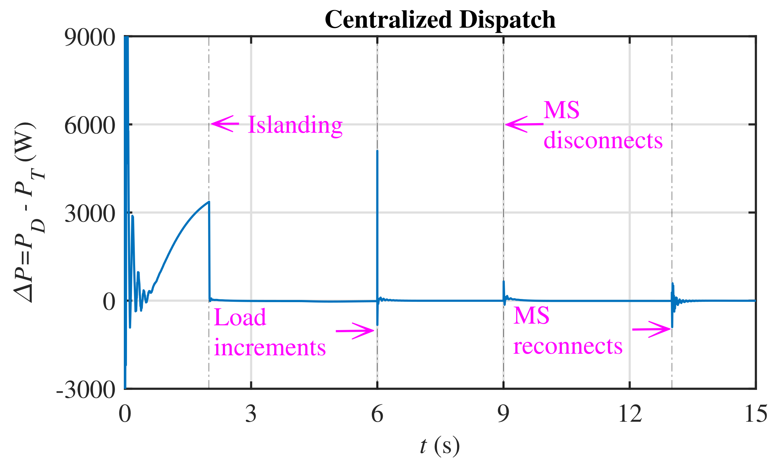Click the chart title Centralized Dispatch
click(x=440, y=19)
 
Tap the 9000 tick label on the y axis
click(x=90, y=38)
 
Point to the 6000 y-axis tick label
click(x=90, y=126)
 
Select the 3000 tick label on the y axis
click(x=90, y=214)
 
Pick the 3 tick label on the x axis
click(x=251, y=414)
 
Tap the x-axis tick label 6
click(x=377, y=414)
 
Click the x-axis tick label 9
click(x=503, y=414)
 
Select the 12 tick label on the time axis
click(x=630, y=414)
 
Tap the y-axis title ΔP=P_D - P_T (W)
click(x=29, y=212)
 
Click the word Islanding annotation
click(x=295, y=125)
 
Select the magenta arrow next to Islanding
click(x=225, y=124)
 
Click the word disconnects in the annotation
click(x=603, y=140)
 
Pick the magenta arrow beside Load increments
click(x=355, y=331)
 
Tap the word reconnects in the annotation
click(x=568, y=346)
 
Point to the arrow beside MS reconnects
click(x=651, y=329)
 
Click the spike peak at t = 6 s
click(x=377, y=151)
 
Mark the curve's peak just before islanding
click(x=209, y=202)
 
